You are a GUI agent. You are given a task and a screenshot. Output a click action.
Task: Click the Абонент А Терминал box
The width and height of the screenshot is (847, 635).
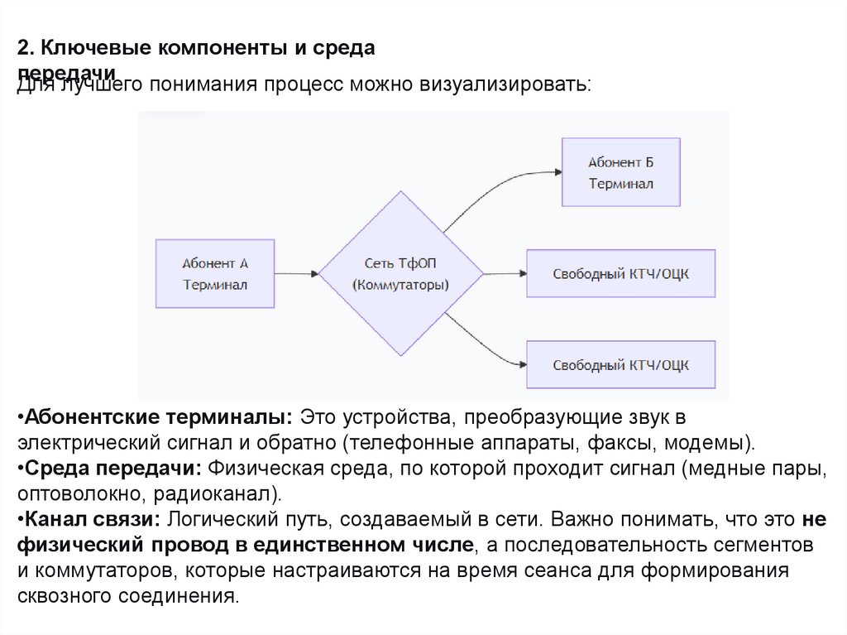pos(215,273)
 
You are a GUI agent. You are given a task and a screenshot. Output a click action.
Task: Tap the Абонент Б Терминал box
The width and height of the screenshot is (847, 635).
pos(621,172)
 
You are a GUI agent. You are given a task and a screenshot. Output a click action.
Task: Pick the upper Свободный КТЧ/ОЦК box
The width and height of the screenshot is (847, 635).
pos(621,273)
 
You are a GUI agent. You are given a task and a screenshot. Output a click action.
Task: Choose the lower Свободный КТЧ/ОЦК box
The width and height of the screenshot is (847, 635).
pos(621,364)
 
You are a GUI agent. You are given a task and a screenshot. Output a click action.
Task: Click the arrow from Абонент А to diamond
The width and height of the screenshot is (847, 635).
pos(298,273)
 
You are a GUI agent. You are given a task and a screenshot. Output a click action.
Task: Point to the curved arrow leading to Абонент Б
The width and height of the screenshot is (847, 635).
pos(496,186)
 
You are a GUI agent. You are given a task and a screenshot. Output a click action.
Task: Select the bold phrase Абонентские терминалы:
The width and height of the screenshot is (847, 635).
pos(156,415)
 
